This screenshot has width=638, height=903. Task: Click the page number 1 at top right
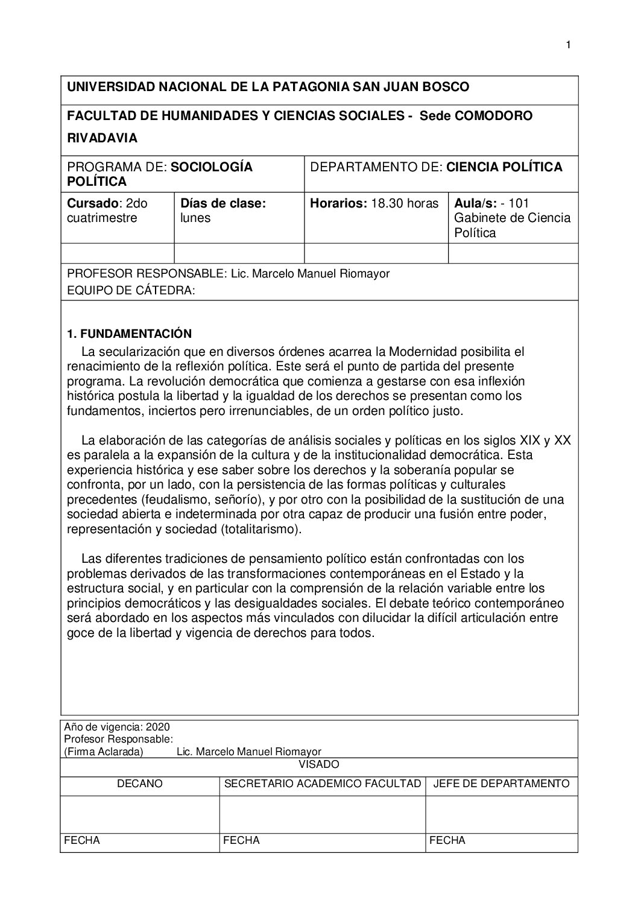pyautogui.click(x=567, y=45)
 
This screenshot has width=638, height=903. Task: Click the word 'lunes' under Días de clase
pyautogui.click(x=195, y=218)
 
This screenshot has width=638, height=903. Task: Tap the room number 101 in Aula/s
pyautogui.click(x=519, y=204)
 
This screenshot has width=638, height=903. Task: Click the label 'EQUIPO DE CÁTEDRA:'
pyautogui.click(x=131, y=291)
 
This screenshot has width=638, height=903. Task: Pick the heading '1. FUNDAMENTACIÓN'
pyautogui.click(x=129, y=334)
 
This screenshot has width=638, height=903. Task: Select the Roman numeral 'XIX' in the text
pyautogui.click(x=530, y=440)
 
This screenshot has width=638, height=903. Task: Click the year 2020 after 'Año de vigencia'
pyautogui.click(x=157, y=727)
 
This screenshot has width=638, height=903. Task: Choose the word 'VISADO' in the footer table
pyautogui.click(x=319, y=765)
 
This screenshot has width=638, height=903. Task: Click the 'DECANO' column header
pyautogui.click(x=140, y=784)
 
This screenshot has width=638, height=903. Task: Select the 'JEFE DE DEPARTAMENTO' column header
pyautogui.click(x=501, y=784)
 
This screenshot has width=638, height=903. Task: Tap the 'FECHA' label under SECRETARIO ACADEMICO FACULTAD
pyautogui.click(x=241, y=840)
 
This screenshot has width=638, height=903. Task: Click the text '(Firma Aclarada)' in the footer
pyautogui.click(x=103, y=752)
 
